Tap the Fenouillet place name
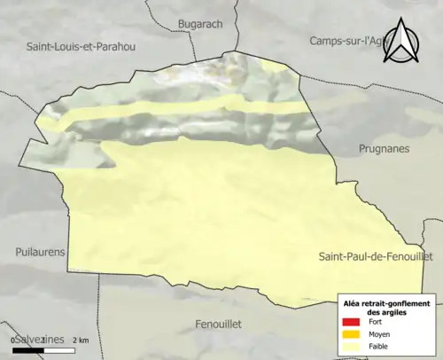[218, 325]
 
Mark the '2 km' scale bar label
[81, 340]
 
